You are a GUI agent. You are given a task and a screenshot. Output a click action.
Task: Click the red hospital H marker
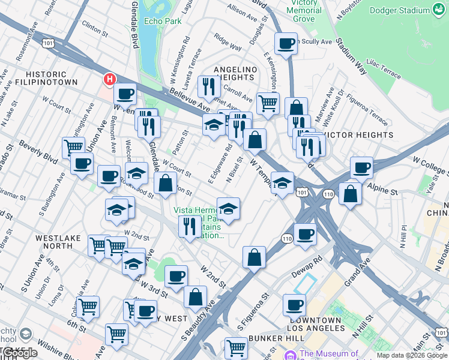(109, 79)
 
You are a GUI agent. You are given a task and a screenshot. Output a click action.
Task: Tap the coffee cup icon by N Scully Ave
(286, 43)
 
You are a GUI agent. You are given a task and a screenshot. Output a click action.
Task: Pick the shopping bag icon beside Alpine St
(350, 193)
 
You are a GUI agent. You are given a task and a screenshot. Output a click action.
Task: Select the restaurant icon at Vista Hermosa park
(189, 226)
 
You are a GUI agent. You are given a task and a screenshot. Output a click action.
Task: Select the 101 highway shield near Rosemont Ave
(48, 43)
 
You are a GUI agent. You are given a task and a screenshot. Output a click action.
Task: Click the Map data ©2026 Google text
(411, 355)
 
